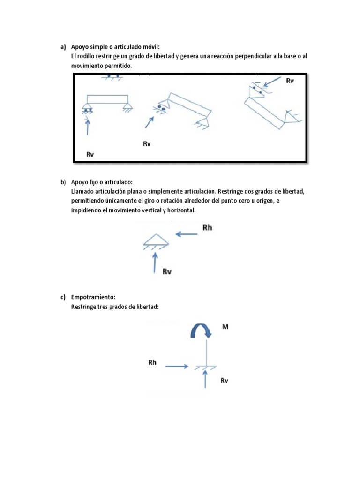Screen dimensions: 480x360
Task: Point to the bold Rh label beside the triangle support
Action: click(208, 228)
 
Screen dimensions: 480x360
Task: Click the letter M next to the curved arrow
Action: click(225, 327)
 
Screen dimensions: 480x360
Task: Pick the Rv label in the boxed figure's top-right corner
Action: click(290, 81)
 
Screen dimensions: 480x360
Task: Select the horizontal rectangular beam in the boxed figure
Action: click(107, 99)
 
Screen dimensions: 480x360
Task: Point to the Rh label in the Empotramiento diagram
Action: click(152, 362)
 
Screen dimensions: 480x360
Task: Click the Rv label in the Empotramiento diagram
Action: click(224, 381)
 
